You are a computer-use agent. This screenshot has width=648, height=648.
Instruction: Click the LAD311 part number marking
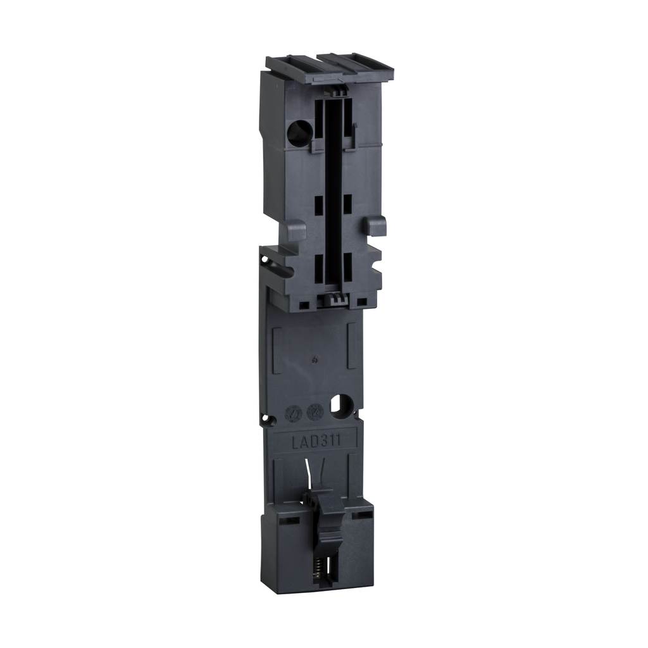316,441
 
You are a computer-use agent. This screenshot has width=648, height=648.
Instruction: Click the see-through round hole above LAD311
342,406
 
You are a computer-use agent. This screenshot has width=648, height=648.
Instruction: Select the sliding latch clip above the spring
328,513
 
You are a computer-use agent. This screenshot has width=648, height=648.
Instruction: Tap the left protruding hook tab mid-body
296,229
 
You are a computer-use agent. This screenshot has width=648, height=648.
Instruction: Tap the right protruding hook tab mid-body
377,225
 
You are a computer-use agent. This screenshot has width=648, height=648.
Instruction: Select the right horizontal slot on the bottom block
363,515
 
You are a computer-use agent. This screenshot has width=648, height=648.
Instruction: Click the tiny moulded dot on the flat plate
315,361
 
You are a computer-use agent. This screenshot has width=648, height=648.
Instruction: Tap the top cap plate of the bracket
329,68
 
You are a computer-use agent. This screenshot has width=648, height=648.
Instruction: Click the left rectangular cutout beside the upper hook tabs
318,205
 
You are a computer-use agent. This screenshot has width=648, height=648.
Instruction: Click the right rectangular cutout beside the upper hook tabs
347,203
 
